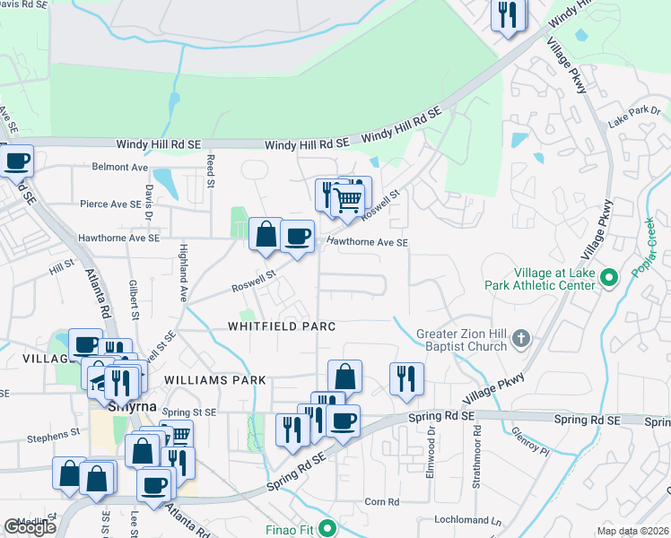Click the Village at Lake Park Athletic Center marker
(x=609, y=277)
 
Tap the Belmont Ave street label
(x=120, y=167)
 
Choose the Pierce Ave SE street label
(x=109, y=204)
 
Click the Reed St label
(x=211, y=170)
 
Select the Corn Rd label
(x=381, y=501)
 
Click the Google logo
(x=30, y=527)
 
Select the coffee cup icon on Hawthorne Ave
(x=297, y=237)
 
